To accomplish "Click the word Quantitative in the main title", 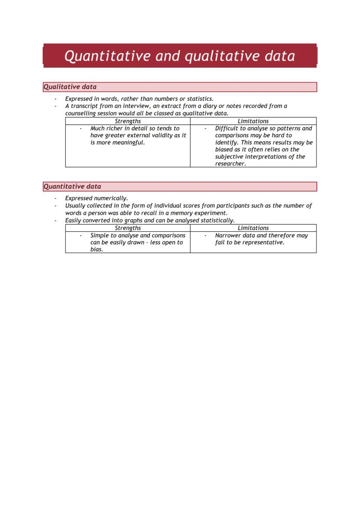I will coord(107,56).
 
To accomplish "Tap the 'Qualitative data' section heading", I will coord(70,87).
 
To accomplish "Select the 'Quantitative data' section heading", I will coord(72,186).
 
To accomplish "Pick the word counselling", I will coord(81,113).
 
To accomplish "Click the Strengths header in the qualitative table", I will coord(128,121).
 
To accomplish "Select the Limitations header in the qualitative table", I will coord(253,121).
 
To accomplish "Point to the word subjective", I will coord(230,157).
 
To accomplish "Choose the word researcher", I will coord(230,164).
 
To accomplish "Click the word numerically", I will coord(111,199).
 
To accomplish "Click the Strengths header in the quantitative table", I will coord(128,228).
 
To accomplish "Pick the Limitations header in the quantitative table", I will coord(253,228).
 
